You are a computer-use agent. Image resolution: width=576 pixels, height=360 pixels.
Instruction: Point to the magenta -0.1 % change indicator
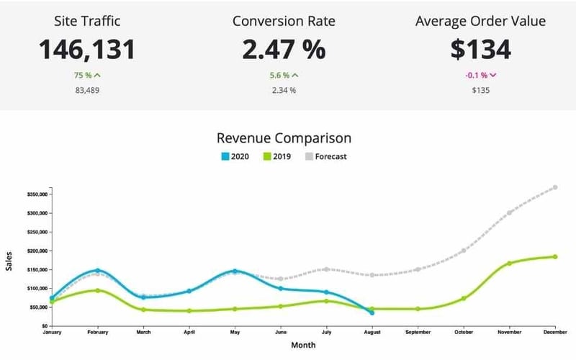tap(480, 75)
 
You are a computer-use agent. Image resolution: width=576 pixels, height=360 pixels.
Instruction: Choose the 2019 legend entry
tap(282, 156)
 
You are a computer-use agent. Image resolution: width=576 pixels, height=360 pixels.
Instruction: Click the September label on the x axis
tap(418, 333)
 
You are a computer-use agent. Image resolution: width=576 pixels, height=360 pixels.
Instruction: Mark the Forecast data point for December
tap(555, 187)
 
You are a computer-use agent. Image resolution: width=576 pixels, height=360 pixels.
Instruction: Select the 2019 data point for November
tap(509, 264)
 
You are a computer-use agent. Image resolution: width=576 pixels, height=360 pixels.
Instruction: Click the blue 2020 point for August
tap(372, 312)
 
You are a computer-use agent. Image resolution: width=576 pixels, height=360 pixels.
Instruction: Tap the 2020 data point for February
tap(97, 271)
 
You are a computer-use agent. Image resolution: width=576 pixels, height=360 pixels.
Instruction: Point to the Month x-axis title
tap(303, 346)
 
